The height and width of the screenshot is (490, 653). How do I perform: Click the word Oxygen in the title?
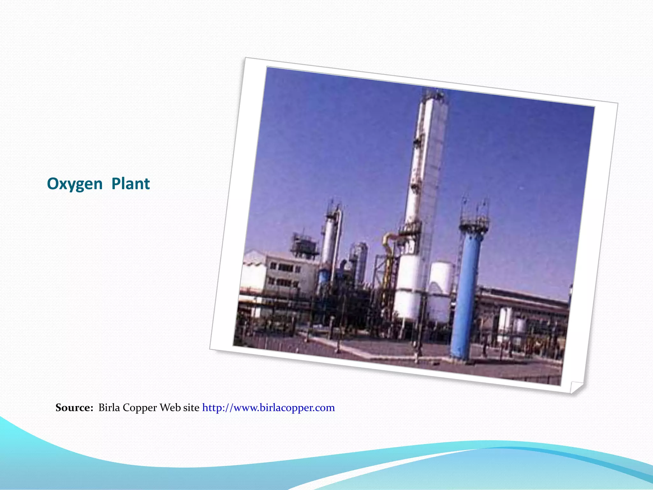point(75,184)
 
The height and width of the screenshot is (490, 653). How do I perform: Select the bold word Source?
point(74,408)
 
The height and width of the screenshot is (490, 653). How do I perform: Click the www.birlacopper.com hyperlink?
point(268,408)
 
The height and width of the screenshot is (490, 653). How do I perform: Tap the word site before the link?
point(191,408)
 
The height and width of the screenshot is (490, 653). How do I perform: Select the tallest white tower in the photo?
point(426,160)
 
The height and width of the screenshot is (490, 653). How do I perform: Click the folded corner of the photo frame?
point(576,387)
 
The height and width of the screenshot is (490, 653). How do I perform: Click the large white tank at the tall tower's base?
point(408,287)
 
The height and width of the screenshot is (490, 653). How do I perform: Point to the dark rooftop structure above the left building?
point(304,244)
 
